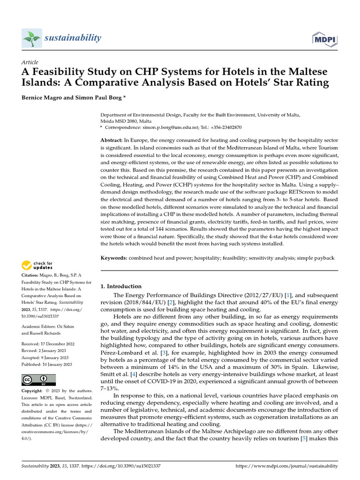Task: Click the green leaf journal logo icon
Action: tap(32, 38)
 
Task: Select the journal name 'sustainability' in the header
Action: tap(73, 38)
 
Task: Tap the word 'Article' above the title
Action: tap(30, 62)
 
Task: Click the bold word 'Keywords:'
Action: tap(114, 258)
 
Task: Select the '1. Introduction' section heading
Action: tap(121, 286)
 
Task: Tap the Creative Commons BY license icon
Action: tap(38, 379)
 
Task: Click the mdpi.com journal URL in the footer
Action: tap(286, 466)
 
